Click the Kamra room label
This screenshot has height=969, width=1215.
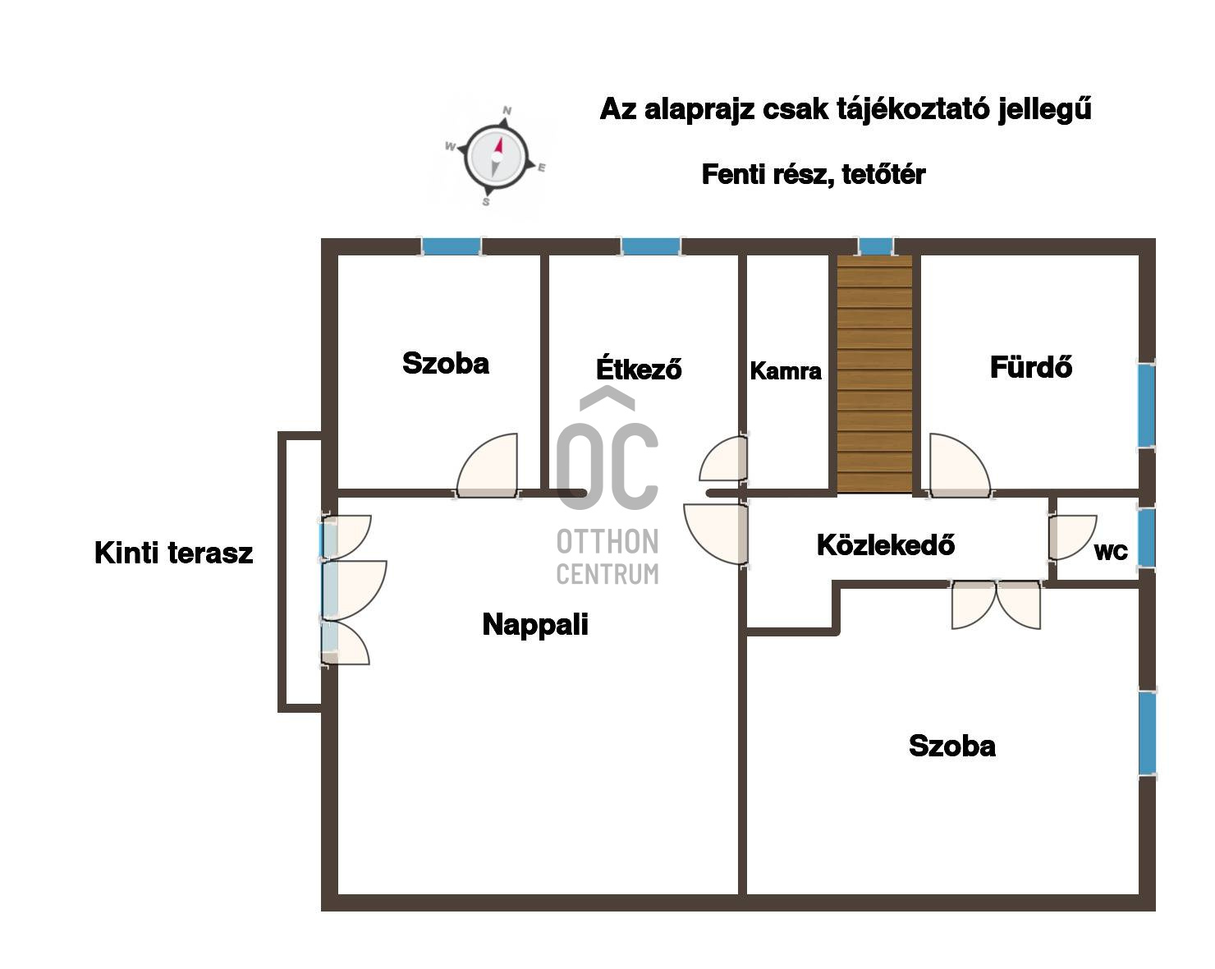pyautogui.click(x=786, y=371)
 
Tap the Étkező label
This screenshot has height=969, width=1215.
pyautogui.click(x=639, y=368)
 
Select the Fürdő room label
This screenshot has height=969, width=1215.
pyautogui.click(x=1030, y=366)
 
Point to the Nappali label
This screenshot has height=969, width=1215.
pyautogui.click(x=534, y=625)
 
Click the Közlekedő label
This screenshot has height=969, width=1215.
pyautogui.click(x=885, y=544)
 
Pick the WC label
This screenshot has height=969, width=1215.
pyautogui.click(x=1111, y=552)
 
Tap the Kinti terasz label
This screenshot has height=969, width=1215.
pyautogui.click(x=173, y=553)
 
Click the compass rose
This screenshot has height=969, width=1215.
pyautogui.click(x=497, y=156)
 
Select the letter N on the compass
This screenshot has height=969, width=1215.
pyautogui.click(x=507, y=110)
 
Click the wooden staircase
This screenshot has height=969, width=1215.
pyautogui.click(x=874, y=374)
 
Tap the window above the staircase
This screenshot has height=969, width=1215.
pyautogui.click(x=876, y=246)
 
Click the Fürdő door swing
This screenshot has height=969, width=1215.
pyautogui.click(x=959, y=466)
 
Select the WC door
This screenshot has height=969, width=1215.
pyautogui.click(x=1072, y=537)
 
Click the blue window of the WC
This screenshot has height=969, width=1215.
pyautogui.click(x=1146, y=537)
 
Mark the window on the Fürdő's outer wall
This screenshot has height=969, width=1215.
pyautogui.click(x=1146, y=405)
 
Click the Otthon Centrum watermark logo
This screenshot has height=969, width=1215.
pyautogui.click(x=607, y=485)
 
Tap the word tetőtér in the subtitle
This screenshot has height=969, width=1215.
pyautogui.click(x=883, y=174)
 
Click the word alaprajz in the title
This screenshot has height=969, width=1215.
pyautogui.click(x=699, y=109)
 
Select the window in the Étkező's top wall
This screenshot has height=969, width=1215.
pyautogui.click(x=651, y=246)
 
